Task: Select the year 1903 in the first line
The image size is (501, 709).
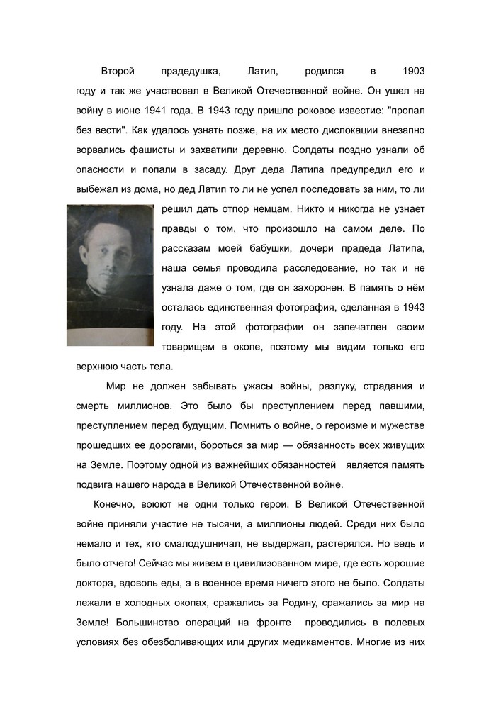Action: (x=413, y=72)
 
